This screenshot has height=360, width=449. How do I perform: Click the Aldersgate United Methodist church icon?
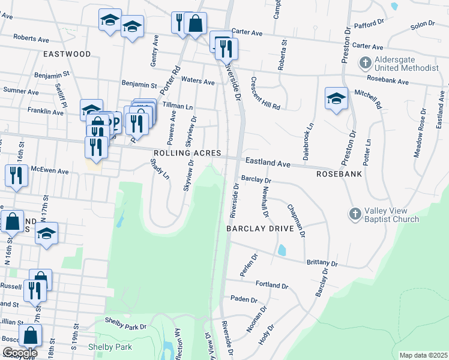pyautogui.click(x=365, y=62)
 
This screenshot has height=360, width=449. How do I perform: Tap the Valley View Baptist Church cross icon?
pyautogui.click(x=355, y=214)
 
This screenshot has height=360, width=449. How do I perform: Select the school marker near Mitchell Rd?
pyautogui.click(x=336, y=99)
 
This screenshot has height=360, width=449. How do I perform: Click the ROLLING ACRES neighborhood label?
pyautogui.click(x=187, y=154)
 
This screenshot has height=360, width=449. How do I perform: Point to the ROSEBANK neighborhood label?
pyautogui.click(x=339, y=174)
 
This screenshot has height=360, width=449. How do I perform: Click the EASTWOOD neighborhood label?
pyautogui.click(x=67, y=54)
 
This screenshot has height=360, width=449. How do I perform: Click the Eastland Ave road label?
pyautogui.click(x=268, y=163)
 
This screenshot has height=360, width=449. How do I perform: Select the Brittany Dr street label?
pyautogui.click(x=322, y=263)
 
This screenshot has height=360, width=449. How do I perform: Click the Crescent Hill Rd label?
pyautogui.click(x=265, y=94)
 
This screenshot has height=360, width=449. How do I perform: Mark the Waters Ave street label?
pyautogui.click(x=197, y=82)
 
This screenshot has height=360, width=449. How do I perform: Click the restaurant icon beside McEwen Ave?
pyautogui.click(x=15, y=175)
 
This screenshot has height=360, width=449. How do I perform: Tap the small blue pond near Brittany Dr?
pyautogui.click(x=282, y=250)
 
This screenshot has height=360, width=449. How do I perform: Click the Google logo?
pyautogui.click(x=19, y=353)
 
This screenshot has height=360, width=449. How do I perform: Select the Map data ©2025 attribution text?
pyautogui.click(x=423, y=355)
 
